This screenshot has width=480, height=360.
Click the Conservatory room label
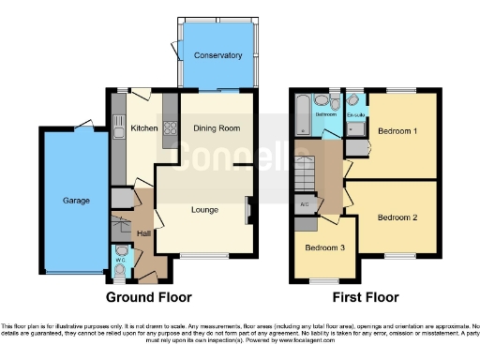tap(218, 55)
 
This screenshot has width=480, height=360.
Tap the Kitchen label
tap(143, 128)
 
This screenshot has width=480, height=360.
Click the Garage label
tap(76, 201)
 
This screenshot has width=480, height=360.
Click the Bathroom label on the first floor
tap(325, 114)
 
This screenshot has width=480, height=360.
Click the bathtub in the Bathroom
tap(301, 114)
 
